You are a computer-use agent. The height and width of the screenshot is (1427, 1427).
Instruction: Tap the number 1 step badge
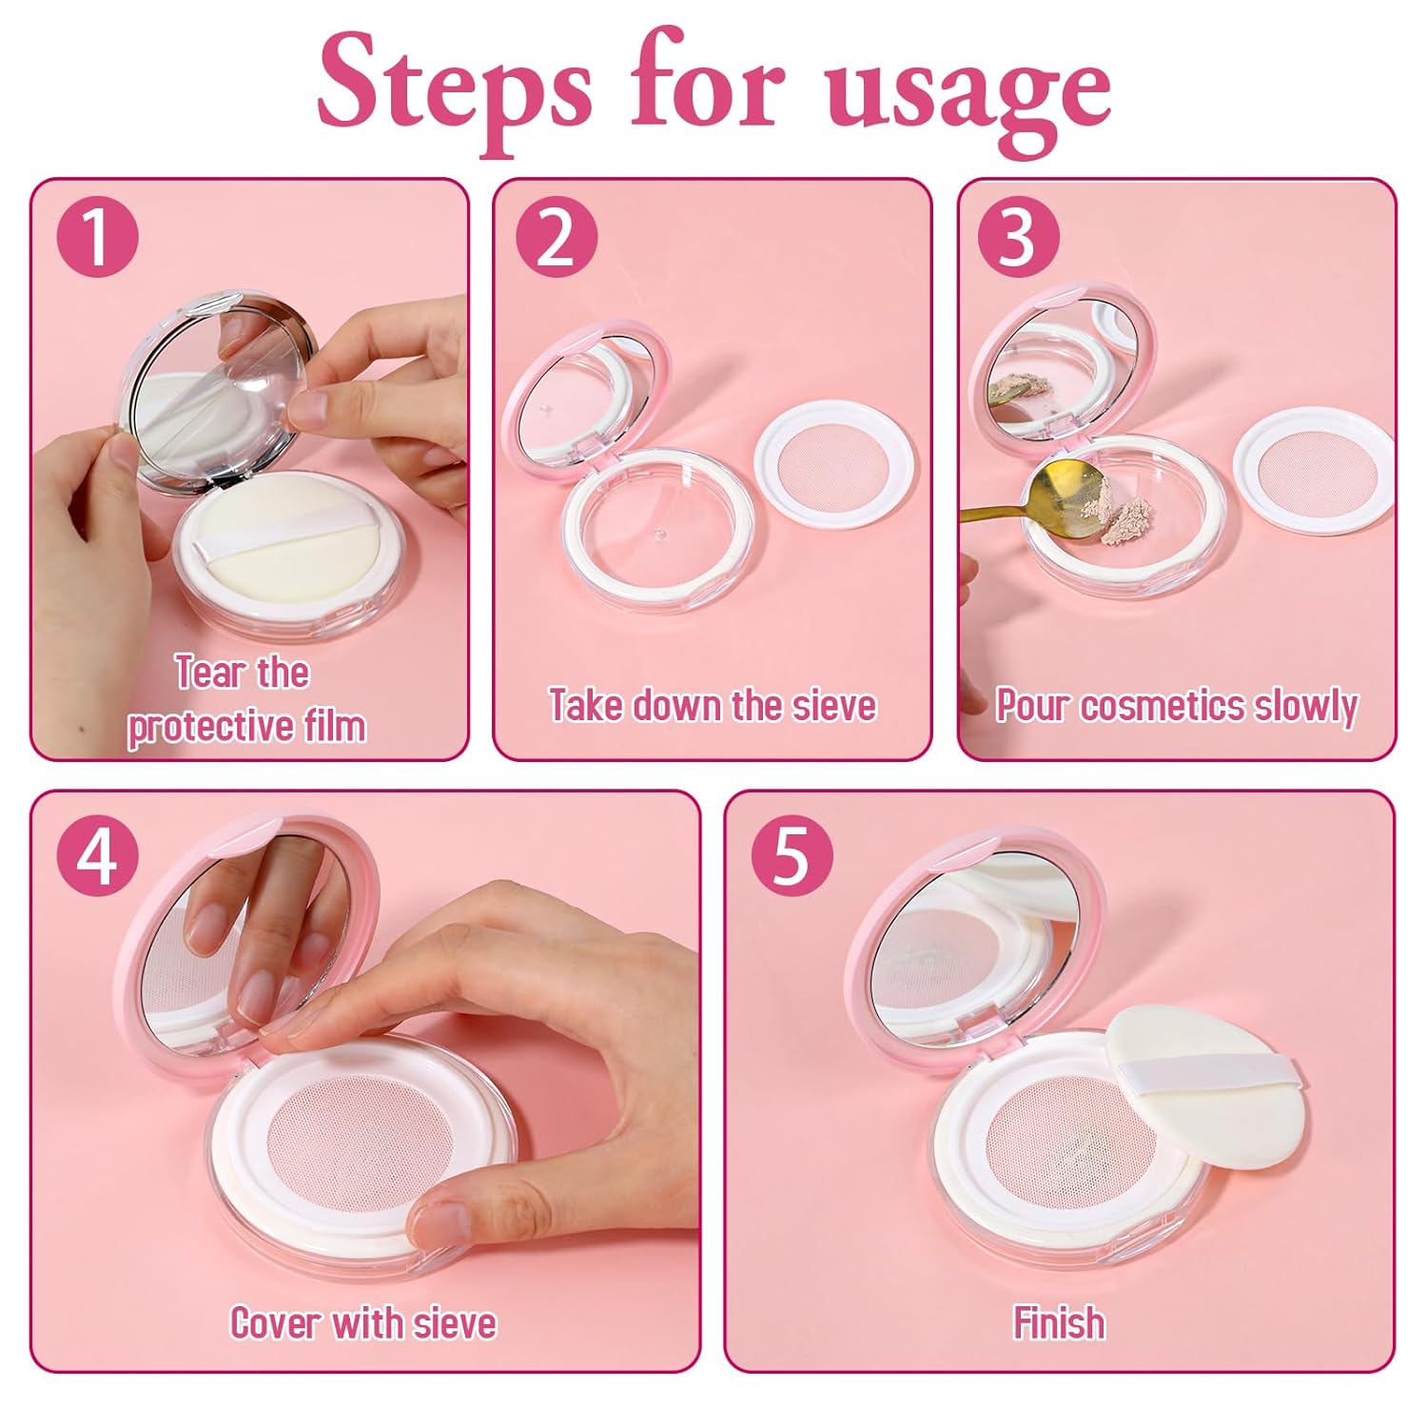pyautogui.click(x=97, y=237)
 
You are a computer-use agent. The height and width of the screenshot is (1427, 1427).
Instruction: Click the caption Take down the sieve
pyautogui.click(x=713, y=705)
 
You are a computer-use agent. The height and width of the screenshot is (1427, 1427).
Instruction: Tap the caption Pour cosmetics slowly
pyautogui.click(x=1177, y=706)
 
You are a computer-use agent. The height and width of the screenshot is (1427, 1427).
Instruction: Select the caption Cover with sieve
pyautogui.click(x=363, y=1322)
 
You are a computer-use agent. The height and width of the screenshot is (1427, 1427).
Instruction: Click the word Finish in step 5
pyautogui.click(x=1059, y=1322)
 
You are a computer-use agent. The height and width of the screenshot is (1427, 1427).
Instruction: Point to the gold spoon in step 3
pyautogui.click(x=1023, y=500)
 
